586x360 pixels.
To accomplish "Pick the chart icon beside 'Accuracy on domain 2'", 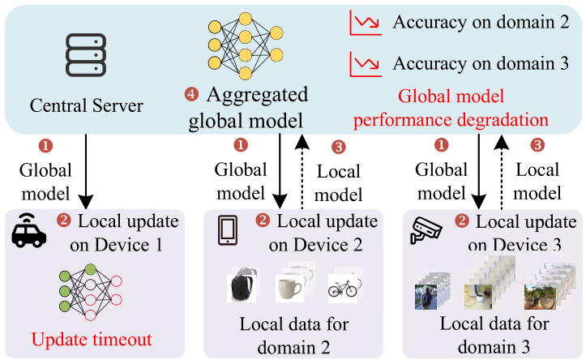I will (362, 23).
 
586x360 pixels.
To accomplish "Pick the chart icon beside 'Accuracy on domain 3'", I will (362, 62).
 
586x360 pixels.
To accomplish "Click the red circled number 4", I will (190, 96).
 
